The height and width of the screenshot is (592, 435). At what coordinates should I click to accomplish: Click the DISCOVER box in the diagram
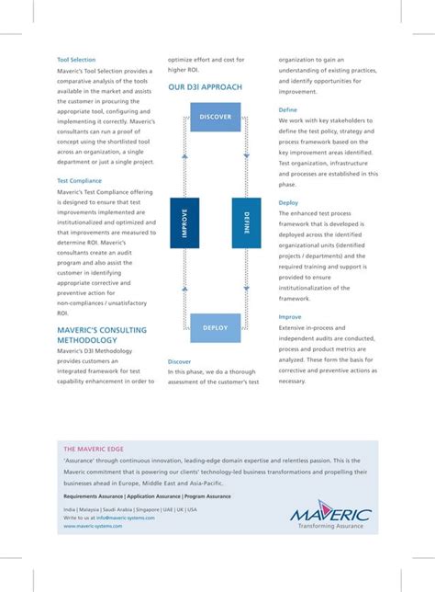216,118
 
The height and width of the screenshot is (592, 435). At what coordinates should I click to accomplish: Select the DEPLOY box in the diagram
216,327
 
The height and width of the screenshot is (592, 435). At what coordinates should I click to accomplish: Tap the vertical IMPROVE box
185,222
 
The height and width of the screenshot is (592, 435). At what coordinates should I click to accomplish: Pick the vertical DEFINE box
240,222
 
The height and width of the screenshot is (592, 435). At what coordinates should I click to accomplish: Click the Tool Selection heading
76,60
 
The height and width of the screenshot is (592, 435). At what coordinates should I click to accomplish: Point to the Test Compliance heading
80,181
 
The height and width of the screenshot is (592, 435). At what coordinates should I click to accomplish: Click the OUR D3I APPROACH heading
205,87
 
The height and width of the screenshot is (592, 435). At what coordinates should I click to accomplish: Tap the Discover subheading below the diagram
180,362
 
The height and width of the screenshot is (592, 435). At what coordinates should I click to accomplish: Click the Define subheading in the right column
288,109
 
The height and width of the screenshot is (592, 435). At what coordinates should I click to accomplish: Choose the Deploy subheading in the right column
288,202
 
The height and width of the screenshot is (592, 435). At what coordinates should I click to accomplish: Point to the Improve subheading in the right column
290,317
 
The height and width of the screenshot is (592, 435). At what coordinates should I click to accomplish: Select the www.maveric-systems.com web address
96,527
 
